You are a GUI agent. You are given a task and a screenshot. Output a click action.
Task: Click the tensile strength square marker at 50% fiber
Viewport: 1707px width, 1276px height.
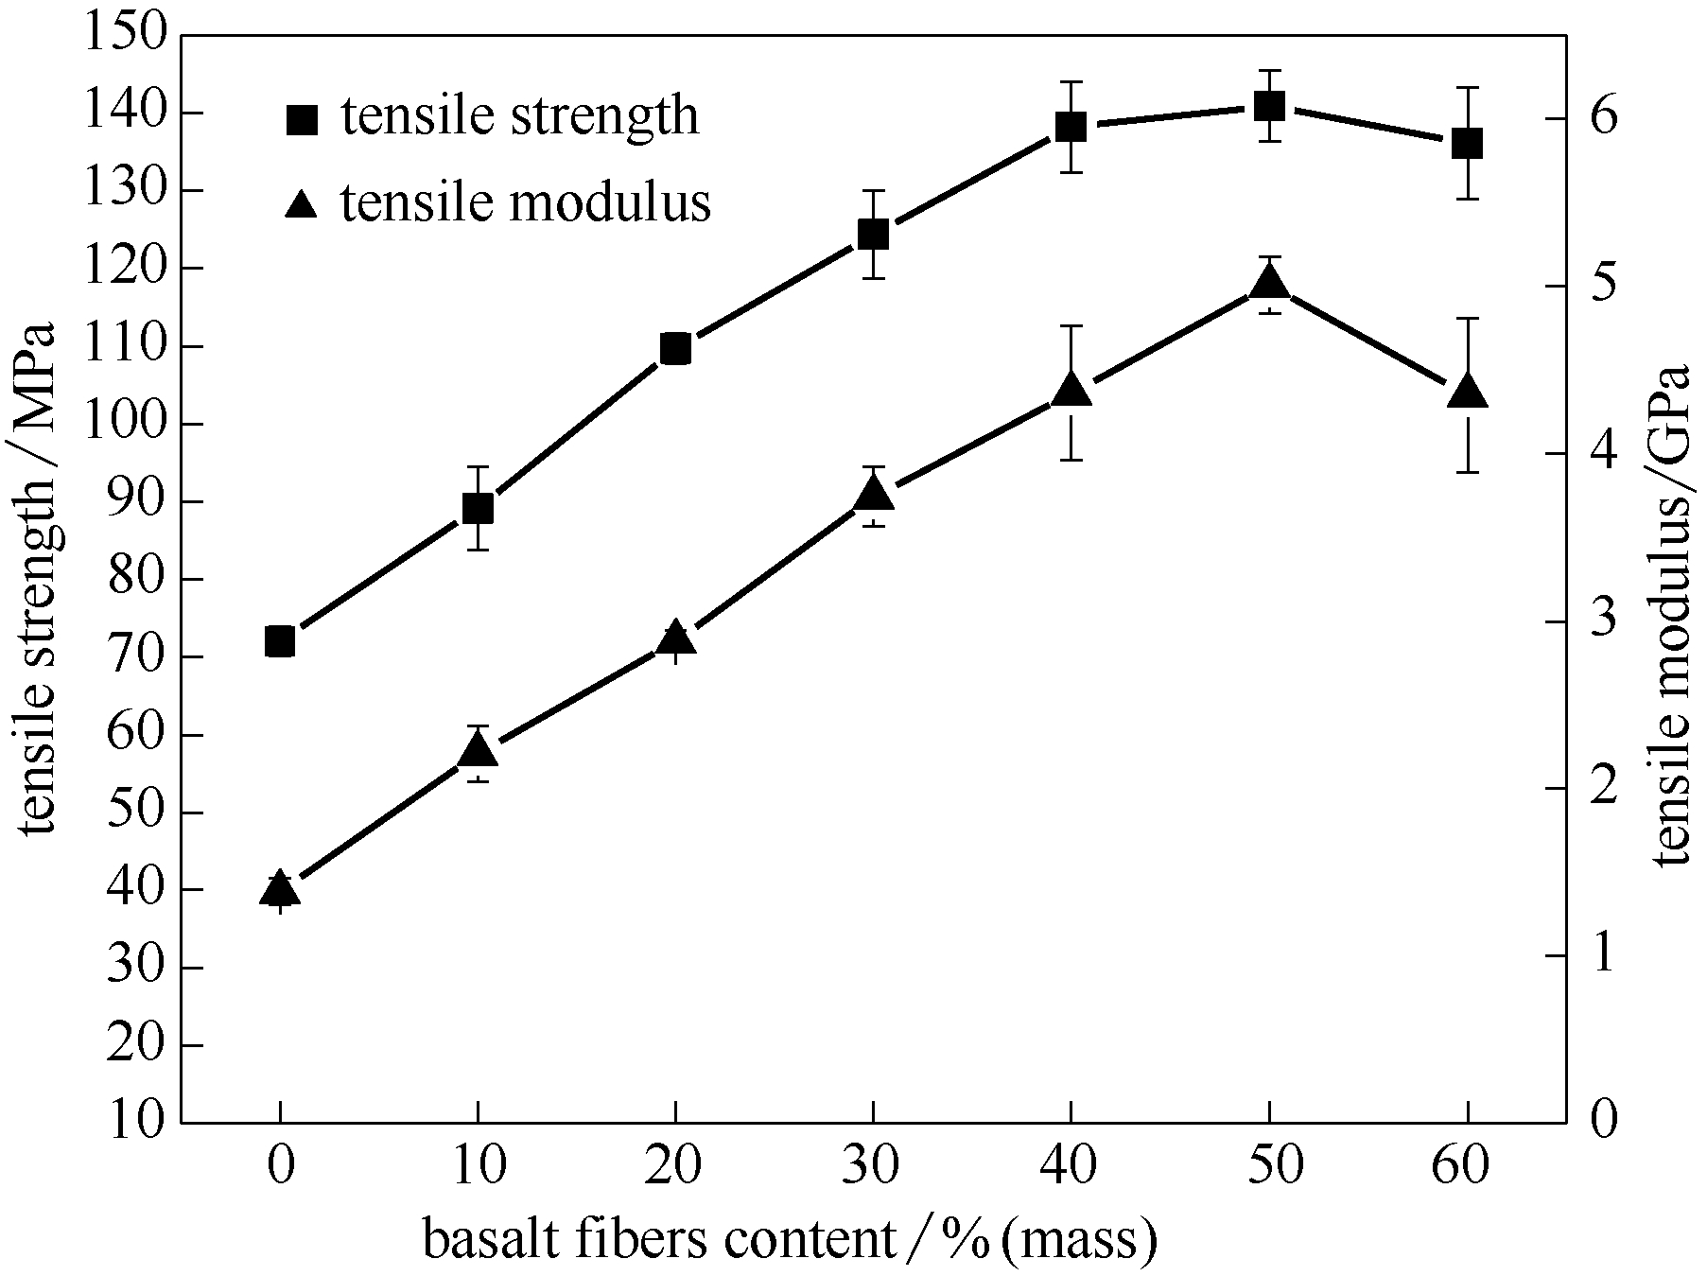pos(1269,106)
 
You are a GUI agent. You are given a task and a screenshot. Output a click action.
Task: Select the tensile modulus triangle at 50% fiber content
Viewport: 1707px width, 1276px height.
pos(1269,283)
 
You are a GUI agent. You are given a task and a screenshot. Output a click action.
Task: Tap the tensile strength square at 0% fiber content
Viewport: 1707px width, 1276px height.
pos(280,641)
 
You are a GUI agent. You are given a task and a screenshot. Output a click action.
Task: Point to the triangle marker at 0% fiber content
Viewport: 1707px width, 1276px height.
pos(280,890)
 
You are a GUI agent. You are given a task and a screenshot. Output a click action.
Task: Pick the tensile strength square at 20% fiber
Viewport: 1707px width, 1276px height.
pos(675,349)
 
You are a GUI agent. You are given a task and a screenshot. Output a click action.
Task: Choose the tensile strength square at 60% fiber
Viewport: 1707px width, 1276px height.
pos(1467,144)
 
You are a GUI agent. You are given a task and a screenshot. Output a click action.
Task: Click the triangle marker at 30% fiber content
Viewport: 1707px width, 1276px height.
pos(873,494)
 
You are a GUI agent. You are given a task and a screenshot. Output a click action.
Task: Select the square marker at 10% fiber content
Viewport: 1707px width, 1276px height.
pos(478,509)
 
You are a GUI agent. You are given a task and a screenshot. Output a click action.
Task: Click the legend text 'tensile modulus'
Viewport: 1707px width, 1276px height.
pos(526,201)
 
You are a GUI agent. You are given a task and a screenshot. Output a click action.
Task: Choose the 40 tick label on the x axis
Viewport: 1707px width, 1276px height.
pos(1071,1166)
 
